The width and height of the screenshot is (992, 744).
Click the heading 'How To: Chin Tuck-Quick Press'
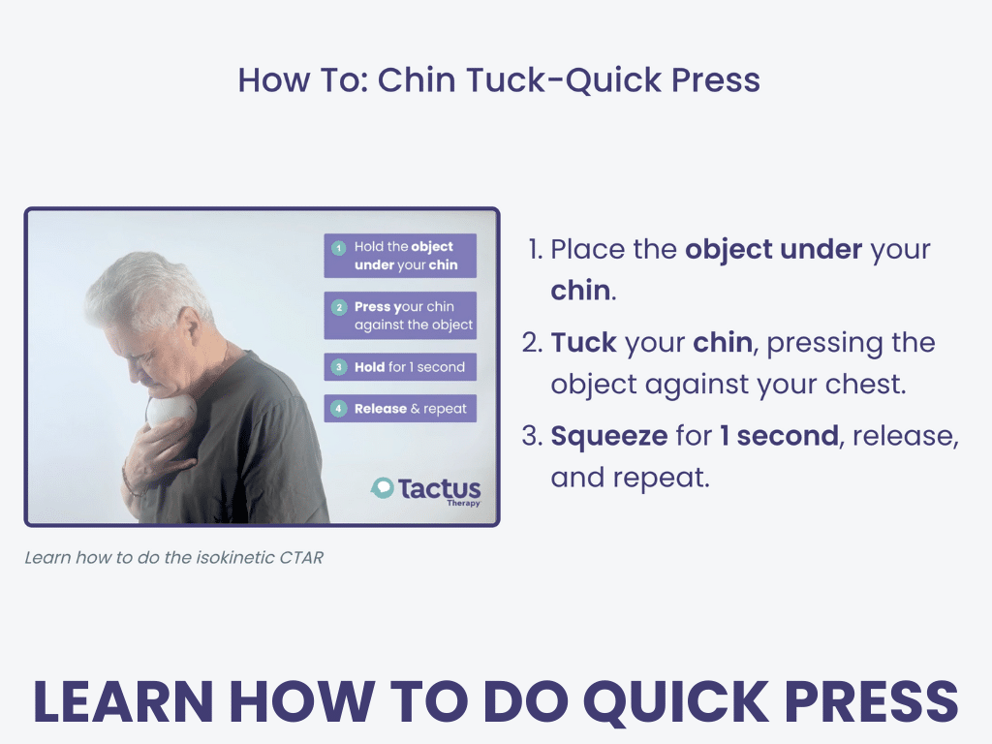point(499,80)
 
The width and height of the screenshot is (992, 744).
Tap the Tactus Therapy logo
point(425,491)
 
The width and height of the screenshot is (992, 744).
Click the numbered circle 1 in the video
point(339,248)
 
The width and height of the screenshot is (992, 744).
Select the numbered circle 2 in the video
point(339,307)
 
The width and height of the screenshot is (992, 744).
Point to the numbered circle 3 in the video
point(339,367)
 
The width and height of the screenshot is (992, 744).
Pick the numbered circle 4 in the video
point(339,409)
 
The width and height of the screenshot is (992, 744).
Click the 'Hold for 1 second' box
point(400,367)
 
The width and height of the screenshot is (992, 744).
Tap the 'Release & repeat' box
point(400,409)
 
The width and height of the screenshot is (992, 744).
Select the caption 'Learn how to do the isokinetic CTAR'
point(174,557)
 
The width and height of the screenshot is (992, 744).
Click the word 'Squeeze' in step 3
point(609,436)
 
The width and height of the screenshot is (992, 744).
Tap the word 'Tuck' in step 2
point(583,342)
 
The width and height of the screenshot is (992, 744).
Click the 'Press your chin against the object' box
point(400,316)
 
